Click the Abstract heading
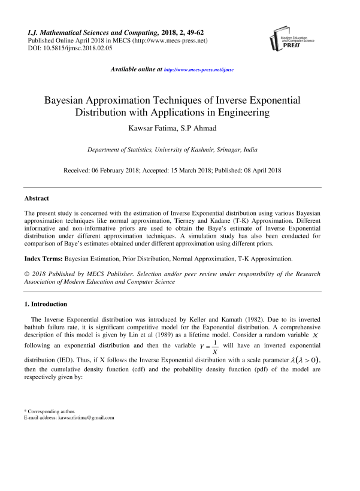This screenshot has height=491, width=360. (37, 198)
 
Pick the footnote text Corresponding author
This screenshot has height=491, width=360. (48, 412)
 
